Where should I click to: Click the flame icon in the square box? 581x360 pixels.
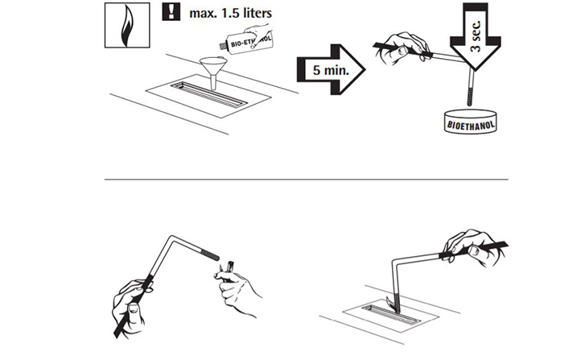click(127, 25)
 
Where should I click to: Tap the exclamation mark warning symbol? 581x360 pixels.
click(171, 12)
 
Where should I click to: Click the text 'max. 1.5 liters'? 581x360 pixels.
click(230, 14)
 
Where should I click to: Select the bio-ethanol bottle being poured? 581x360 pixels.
click(246, 39)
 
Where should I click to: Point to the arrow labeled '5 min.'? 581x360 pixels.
click(332, 70)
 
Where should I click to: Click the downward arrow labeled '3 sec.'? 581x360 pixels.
click(476, 36)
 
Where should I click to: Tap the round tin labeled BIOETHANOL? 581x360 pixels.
click(470, 122)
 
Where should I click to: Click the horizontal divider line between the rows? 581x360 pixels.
click(307, 180)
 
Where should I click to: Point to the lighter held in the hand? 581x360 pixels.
click(229, 269)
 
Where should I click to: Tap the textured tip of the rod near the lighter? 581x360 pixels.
click(210, 254)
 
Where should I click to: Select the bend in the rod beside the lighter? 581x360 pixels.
click(171, 237)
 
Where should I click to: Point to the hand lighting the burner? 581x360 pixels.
click(470, 247)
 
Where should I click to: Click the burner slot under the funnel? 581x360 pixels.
click(209, 94)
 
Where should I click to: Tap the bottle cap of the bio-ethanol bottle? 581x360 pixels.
click(223, 46)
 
